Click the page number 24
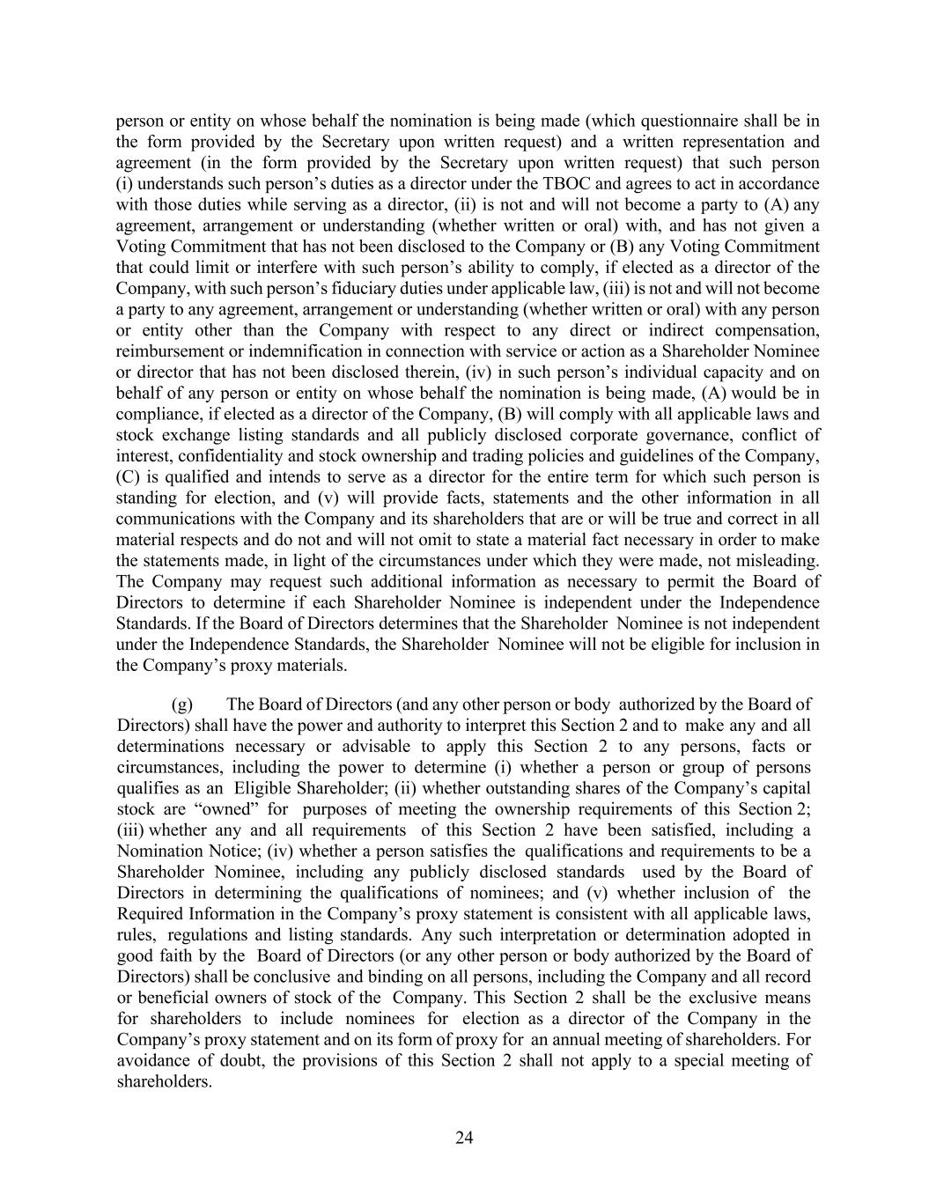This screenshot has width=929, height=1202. (x=464, y=1139)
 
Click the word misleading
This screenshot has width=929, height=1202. (x=775, y=560)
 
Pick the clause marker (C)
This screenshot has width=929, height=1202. (x=129, y=477)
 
